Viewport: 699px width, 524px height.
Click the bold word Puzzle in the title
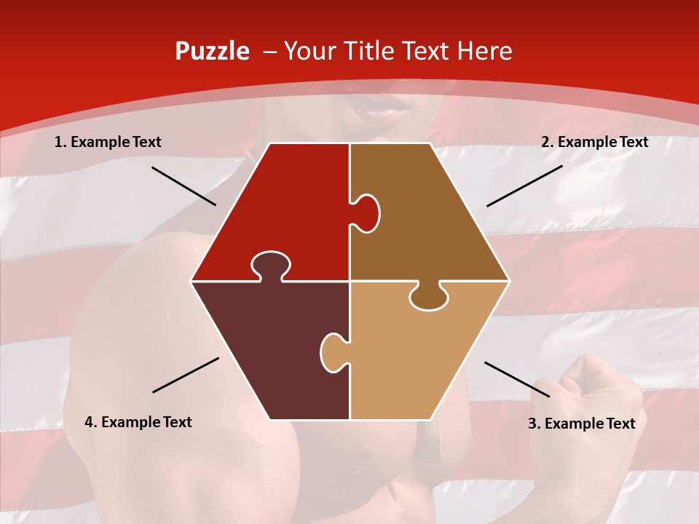[212, 51]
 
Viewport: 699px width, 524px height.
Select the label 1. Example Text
[108, 143]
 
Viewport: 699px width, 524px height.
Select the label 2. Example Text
[594, 143]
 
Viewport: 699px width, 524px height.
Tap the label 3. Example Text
[581, 424]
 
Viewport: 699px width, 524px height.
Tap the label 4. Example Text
[138, 422]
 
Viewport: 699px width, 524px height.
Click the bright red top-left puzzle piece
[284, 204]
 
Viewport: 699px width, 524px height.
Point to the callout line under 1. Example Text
[183, 186]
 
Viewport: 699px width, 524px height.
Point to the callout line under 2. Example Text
[524, 186]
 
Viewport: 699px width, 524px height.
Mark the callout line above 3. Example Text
[517, 379]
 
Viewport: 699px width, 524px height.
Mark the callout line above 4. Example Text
[186, 375]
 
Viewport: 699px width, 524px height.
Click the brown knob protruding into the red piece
[366, 213]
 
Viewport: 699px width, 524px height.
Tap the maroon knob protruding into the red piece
[270, 265]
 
